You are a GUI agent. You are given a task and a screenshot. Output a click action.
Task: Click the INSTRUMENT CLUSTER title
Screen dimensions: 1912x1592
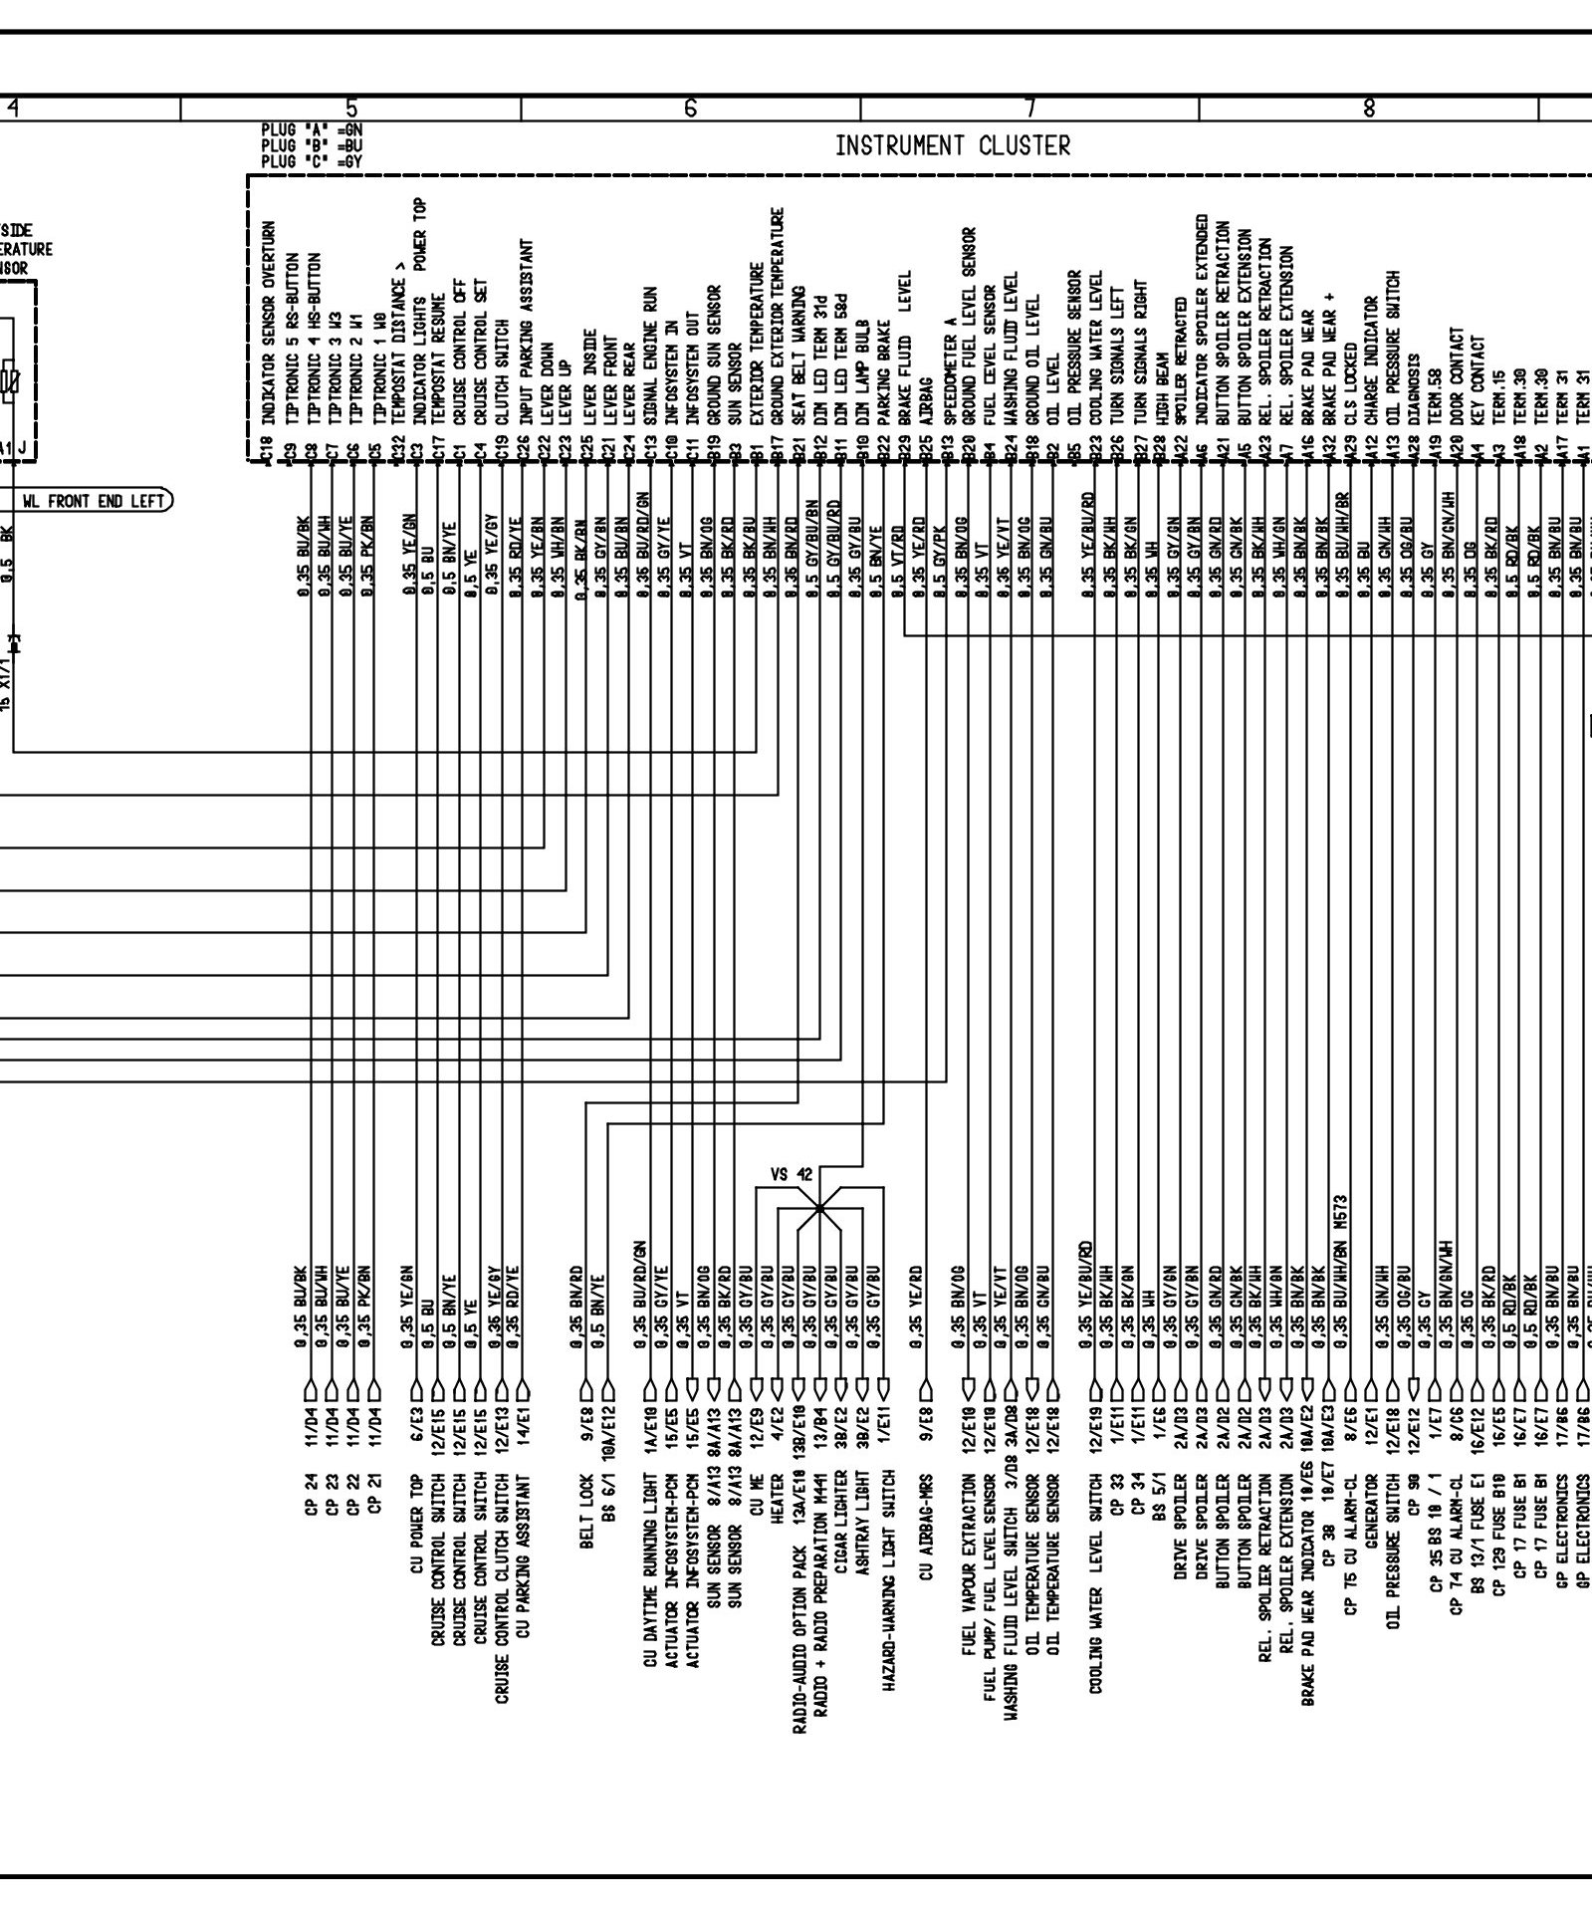(x=953, y=146)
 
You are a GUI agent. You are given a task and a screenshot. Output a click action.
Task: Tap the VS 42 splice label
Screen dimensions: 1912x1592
(x=792, y=1174)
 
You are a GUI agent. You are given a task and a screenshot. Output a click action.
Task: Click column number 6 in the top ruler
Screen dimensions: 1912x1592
(x=690, y=108)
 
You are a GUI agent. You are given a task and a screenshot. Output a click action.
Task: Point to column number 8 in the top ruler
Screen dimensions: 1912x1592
(x=1369, y=108)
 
